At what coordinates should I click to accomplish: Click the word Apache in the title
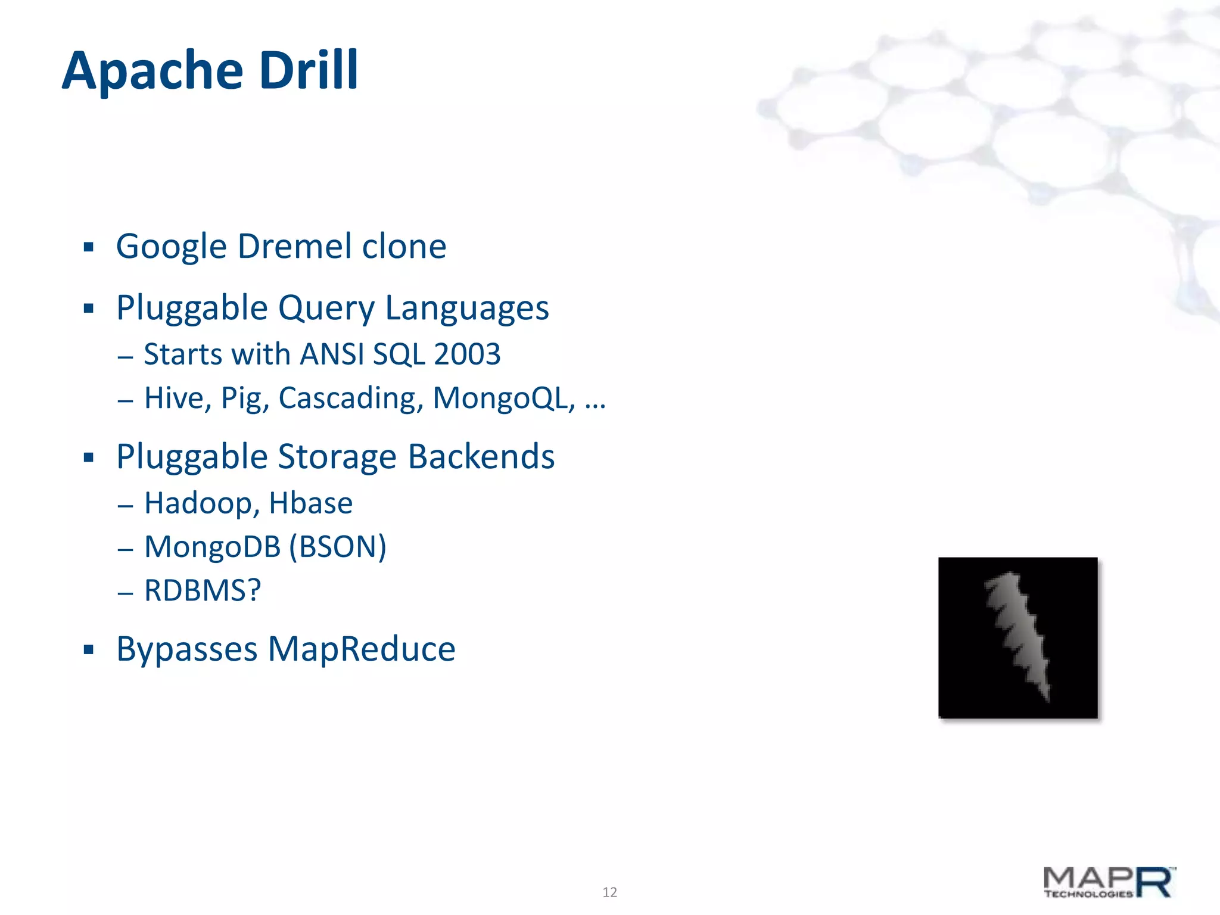point(152,71)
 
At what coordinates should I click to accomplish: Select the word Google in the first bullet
point(172,247)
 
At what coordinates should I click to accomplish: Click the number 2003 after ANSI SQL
point(467,354)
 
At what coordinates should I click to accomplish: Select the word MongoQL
point(504,398)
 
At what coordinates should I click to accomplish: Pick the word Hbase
point(310,503)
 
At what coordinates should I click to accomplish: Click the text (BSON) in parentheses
point(338,547)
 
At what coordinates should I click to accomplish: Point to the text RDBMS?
point(203,590)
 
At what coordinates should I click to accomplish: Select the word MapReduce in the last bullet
point(362,649)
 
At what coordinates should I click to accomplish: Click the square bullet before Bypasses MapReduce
point(89,649)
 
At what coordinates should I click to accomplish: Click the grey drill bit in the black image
point(1017,635)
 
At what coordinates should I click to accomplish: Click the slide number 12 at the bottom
point(609,892)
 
